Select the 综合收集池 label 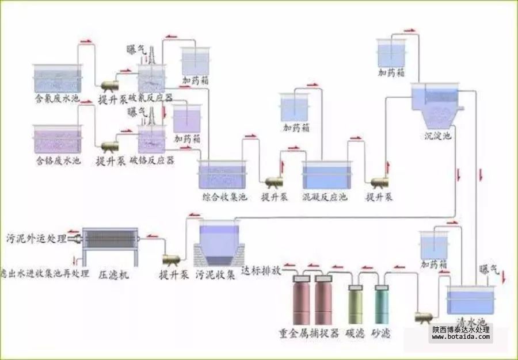224,198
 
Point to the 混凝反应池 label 325,198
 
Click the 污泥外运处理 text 36,237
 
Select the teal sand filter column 382,305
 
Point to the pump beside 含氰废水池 109,86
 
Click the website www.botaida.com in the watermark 460,338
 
